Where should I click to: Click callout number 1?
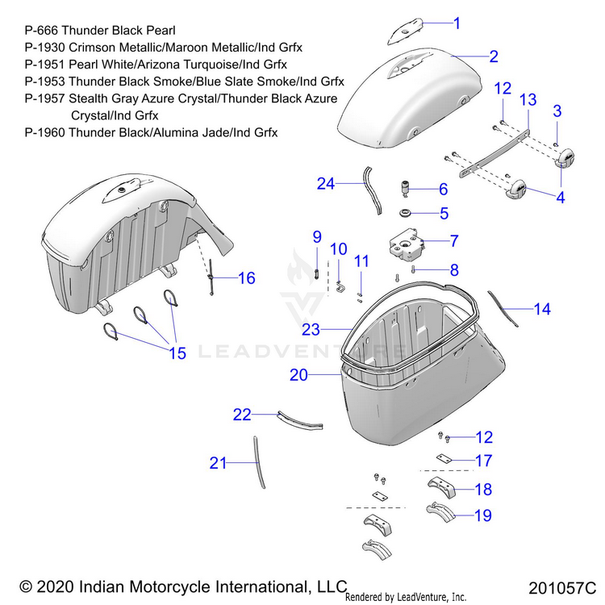[x=457, y=23]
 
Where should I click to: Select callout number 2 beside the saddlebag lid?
[x=493, y=56]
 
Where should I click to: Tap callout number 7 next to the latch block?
[x=454, y=240]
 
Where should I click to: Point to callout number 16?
[x=246, y=278]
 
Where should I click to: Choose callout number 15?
[x=177, y=353]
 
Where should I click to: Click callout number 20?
[x=298, y=375]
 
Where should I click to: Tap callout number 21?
[x=218, y=463]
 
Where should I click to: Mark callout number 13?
[x=528, y=99]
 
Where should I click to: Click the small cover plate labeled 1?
[x=409, y=31]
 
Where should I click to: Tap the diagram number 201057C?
[x=563, y=587]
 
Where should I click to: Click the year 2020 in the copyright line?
[x=52, y=586]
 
